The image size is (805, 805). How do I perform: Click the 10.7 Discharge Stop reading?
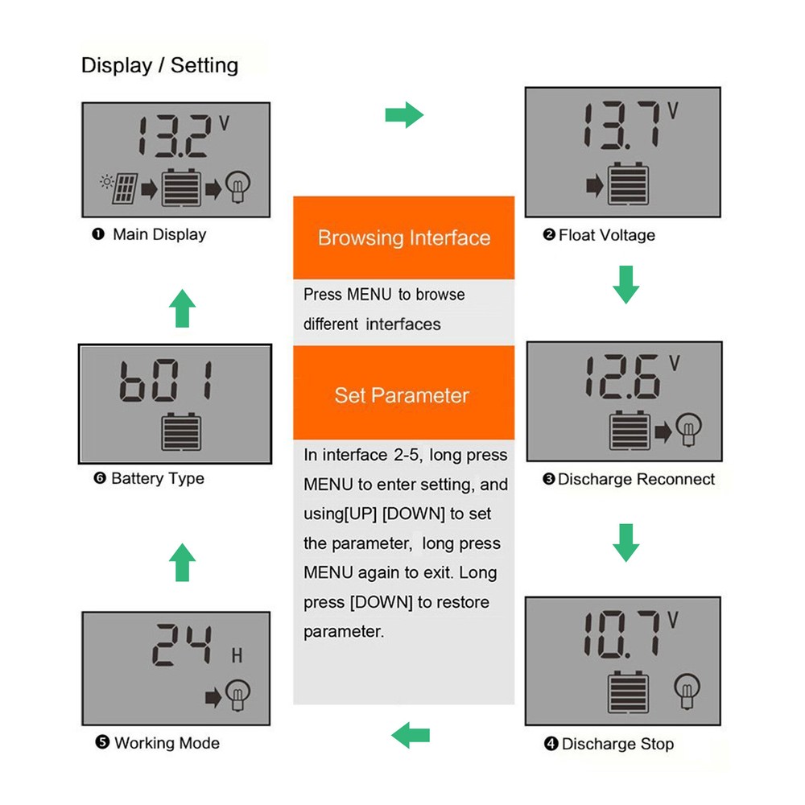point(620,635)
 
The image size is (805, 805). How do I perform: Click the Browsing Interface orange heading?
point(403,238)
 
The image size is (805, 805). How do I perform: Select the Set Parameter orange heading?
point(402,395)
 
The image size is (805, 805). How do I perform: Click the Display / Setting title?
point(159,65)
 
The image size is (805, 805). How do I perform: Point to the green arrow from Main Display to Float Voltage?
point(404,115)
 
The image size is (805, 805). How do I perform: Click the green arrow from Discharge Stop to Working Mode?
point(411,734)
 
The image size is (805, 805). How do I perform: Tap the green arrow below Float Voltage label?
point(625,285)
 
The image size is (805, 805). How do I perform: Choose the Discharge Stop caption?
point(609,744)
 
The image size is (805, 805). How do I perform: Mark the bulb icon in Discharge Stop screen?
point(687,691)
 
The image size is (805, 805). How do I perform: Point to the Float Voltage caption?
point(599,235)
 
